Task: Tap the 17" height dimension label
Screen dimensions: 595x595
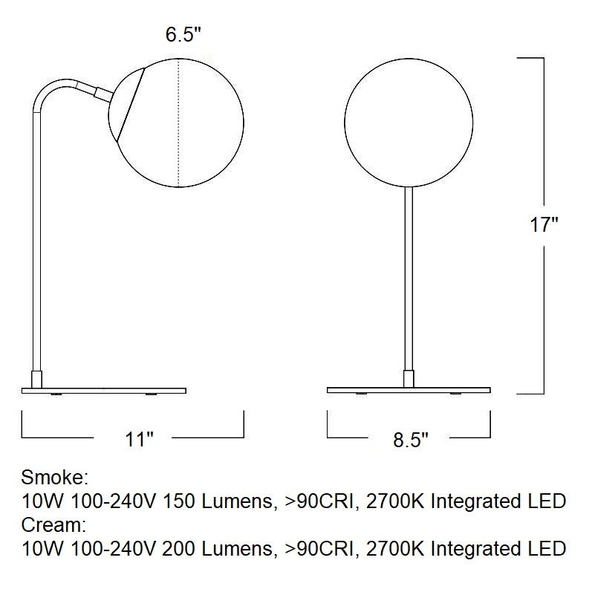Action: (x=544, y=224)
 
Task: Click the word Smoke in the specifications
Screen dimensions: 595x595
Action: (x=54, y=477)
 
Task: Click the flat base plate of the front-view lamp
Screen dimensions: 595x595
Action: (x=409, y=390)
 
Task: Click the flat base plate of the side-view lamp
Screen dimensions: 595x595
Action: (x=104, y=390)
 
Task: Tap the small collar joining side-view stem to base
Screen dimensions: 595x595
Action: (x=35, y=378)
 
